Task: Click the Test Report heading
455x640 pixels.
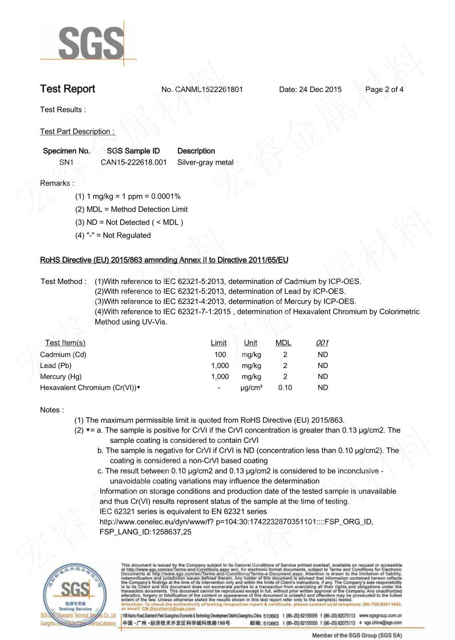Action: click(68, 89)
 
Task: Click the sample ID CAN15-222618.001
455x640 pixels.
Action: click(133, 162)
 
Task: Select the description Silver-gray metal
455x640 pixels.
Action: click(205, 162)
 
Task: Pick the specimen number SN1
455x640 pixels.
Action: click(66, 162)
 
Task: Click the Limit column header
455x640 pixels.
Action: click(219, 343)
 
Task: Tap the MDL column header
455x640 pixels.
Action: click(283, 343)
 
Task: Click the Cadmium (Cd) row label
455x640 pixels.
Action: click(63, 354)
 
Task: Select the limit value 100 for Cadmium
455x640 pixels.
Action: click(220, 354)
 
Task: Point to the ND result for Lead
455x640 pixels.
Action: click(323, 366)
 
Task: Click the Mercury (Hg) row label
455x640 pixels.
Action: click(62, 377)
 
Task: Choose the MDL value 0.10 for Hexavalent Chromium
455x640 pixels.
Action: click(285, 388)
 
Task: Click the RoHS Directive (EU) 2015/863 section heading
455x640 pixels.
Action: click(164, 261)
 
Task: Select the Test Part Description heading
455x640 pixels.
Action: click(77, 131)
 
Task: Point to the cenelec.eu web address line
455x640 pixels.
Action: click(236, 522)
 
